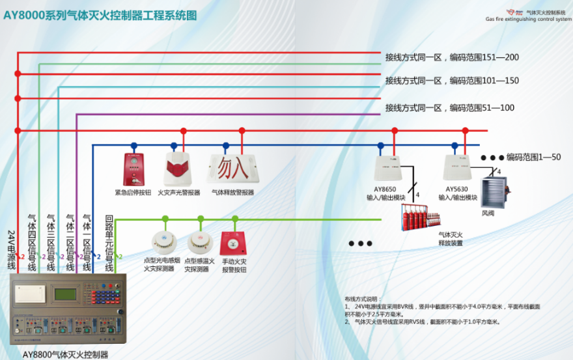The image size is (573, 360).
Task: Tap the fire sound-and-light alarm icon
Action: tap(178, 168)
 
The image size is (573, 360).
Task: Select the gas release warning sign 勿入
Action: tap(231, 168)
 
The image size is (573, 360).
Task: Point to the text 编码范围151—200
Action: tap(484, 57)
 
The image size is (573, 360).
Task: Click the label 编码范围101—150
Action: tap(484, 81)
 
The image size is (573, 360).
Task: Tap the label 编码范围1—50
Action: tap(533, 157)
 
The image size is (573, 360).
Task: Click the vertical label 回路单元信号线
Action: tap(109, 242)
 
